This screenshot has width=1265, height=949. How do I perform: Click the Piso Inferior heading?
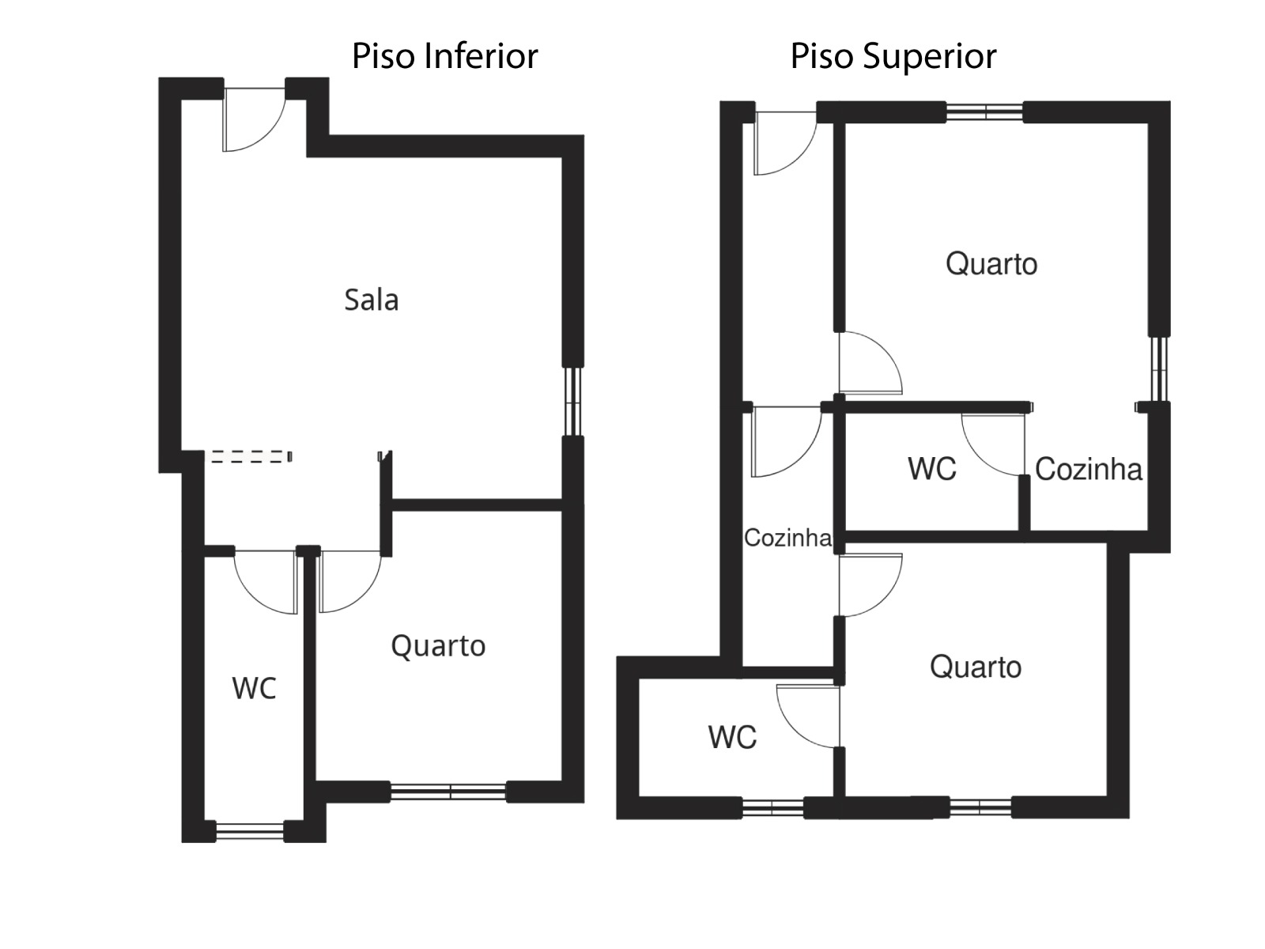point(444,56)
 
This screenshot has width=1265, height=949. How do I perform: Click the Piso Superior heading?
point(893,56)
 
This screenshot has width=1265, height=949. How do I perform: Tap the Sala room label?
point(371,300)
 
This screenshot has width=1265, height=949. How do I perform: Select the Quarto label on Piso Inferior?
point(438,646)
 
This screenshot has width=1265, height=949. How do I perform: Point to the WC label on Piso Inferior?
point(254,688)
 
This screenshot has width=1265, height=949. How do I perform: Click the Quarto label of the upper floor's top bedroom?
point(991,263)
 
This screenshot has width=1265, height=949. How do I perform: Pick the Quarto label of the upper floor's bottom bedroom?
point(975,667)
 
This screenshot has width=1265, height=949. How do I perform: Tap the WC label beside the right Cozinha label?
point(931,469)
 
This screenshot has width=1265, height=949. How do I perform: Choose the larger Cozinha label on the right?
point(1088,470)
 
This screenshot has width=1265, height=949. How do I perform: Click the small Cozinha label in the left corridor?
point(787,538)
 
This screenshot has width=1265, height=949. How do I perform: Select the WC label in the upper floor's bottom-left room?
point(732,737)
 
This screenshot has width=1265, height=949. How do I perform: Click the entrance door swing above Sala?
point(251,119)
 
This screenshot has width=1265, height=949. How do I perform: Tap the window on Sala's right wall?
point(574,401)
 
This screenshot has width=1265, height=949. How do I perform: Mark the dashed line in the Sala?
point(250,456)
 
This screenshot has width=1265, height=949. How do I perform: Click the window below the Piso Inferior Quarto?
point(448,791)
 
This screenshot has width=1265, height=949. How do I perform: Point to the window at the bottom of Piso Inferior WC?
point(249,831)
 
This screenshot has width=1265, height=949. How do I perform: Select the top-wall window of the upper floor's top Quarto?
point(984,112)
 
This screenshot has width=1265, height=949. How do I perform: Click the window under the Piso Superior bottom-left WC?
point(772,807)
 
